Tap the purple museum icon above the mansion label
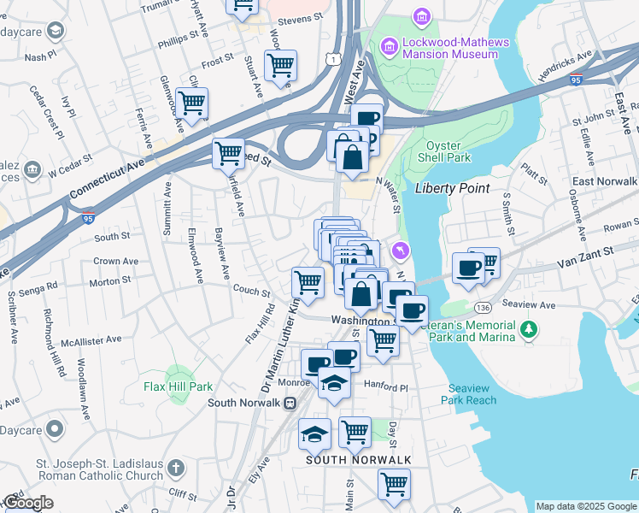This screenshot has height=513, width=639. coord(420,16)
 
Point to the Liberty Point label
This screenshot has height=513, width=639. coord(452,188)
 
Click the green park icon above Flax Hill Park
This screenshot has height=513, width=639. coord(177,373)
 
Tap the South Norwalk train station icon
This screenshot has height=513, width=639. coord(290,403)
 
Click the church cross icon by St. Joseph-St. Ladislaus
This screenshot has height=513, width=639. coord(175,469)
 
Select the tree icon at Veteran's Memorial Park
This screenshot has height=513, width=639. coord(529,328)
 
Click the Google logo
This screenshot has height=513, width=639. coord(28,503)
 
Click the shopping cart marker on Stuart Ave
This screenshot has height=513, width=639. coord(280,65)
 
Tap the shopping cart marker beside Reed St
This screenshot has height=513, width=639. coord(228,154)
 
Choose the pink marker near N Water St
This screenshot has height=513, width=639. coord(399,251)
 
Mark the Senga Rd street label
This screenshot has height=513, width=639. coord(40,283)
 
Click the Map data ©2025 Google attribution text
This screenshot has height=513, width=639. coord(585,505)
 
